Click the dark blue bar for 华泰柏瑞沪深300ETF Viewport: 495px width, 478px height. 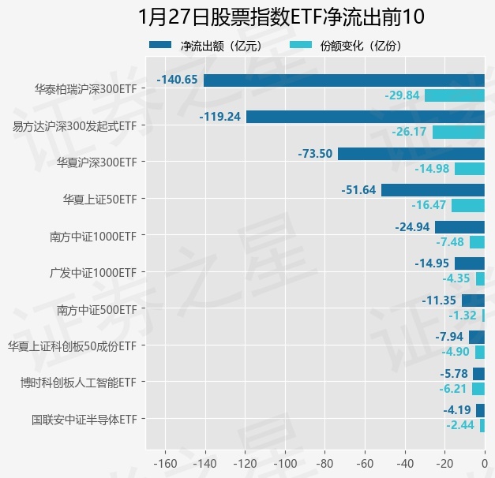(343, 80)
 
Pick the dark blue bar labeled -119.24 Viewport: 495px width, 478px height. (365, 117)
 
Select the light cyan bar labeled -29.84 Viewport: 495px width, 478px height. (454, 95)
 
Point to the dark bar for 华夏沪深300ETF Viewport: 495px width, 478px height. (411, 154)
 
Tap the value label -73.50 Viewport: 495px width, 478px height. (315, 154)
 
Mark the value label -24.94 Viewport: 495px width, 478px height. (412, 227)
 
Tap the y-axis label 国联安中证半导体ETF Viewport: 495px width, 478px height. (84, 419)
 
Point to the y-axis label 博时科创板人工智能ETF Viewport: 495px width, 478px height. (79, 383)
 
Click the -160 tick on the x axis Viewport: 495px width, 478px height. (165, 463)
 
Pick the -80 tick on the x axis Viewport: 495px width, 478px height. (324, 463)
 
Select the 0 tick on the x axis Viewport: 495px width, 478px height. (484, 463)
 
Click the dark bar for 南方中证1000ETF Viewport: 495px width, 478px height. (459, 227)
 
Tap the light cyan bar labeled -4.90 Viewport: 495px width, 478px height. (479, 352)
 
